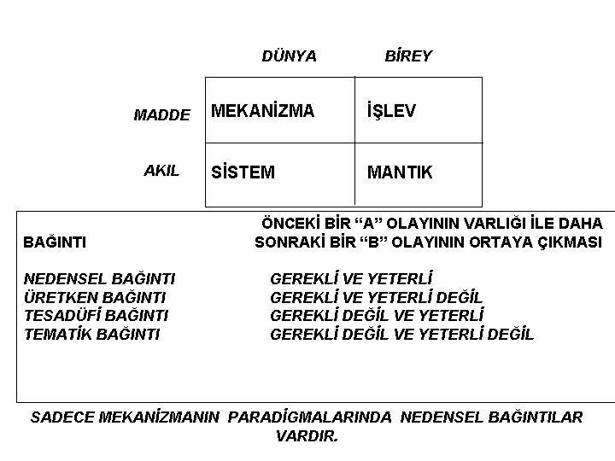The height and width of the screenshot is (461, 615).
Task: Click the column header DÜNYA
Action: point(289,56)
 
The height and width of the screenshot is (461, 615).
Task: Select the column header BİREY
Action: point(408,56)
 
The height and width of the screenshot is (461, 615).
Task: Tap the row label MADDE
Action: point(161,114)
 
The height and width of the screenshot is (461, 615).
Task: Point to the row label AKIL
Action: point(161,170)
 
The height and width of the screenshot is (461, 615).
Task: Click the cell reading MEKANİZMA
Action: point(262,111)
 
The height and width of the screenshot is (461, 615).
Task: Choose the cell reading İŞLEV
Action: point(391,111)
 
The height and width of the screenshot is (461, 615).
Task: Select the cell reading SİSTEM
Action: point(243,172)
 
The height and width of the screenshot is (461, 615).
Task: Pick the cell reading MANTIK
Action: point(400,172)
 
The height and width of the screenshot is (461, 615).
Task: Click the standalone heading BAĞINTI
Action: point(54,243)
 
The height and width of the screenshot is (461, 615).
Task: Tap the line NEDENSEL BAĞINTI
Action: point(100,278)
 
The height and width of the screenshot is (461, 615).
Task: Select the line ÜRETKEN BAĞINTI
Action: point(95,297)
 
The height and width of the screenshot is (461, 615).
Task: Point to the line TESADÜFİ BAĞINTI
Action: point(96,315)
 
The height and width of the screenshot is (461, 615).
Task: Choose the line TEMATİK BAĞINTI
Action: point(91,334)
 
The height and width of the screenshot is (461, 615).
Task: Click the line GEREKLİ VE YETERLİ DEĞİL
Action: point(376,297)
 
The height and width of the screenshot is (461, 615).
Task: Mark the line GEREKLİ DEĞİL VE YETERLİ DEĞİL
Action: point(401,334)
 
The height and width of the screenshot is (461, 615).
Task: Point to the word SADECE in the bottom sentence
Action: point(62,417)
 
